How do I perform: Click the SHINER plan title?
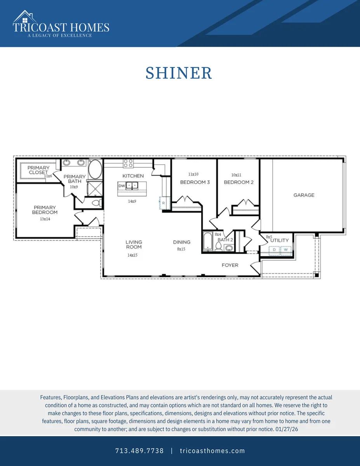pyautogui.click(x=179, y=73)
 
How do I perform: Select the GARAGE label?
pyautogui.click(x=304, y=195)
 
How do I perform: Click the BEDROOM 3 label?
pyautogui.click(x=195, y=182)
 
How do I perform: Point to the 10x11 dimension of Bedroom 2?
pyautogui.click(x=236, y=175)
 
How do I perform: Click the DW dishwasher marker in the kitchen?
pyautogui.click(x=122, y=186)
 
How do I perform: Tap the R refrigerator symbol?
pyautogui.click(x=164, y=203)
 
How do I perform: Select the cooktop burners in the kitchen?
pyautogui.click(x=128, y=163)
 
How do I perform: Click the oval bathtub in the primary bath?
pyautogui.click(x=95, y=169)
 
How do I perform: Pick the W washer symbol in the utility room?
pyautogui.click(x=286, y=250)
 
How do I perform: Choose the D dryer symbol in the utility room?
pyautogui.click(x=274, y=250)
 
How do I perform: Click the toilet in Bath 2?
pyautogui.click(x=219, y=246)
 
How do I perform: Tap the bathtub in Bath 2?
pyautogui.click(x=208, y=242)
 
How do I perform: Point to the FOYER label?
pyautogui.click(x=230, y=265)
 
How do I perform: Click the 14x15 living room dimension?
pyautogui.click(x=132, y=255)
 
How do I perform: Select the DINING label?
pyautogui.click(x=182, y=242)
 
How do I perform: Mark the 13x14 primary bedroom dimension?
pyautogui.click(x=45, y=219)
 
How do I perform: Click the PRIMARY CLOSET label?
pyautogui.click(x=38, y=170)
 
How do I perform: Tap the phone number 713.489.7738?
pyautogui.click(x=139, y=451)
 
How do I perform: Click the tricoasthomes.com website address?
pyautogui.click(x=212, y=451)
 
